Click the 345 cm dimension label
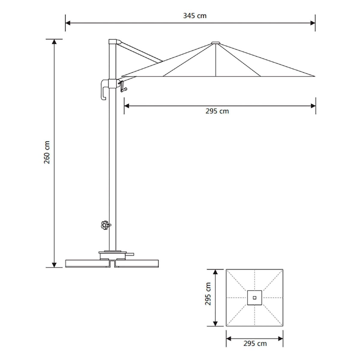coord(195,16)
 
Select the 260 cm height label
coord(47,152)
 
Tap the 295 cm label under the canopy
coord(217,111)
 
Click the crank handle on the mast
coord(123,86)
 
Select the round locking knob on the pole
coord(105,225)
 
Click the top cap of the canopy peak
coord(216,43)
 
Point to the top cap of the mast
coord(115,41)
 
